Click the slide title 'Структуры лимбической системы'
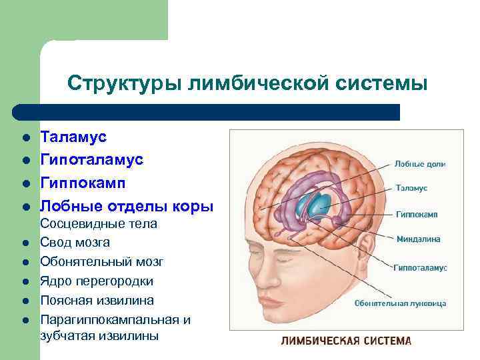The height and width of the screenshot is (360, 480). tap(247, 83)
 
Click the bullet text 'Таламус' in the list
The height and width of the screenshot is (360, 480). tap(73, 137)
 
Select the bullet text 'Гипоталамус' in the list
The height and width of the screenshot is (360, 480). tap(91, 160)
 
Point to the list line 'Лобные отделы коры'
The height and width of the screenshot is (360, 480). tap(127, 206)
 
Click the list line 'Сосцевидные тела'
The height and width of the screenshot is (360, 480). tap(99, 224)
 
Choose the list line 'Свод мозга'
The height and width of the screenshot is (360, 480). tap(75, 242)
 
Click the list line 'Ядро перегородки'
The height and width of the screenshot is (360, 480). tap(97, 281)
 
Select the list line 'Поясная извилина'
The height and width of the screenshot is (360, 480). tap(97, 300)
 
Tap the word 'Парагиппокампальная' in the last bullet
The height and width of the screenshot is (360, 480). tap(115, 319)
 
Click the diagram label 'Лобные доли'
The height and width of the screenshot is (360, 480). tap(420, 163)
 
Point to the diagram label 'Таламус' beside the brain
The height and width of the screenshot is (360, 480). tap(411, 189)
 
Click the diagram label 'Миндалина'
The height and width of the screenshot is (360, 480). tap(418, 239)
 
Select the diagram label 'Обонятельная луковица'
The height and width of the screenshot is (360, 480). tap(400, 303)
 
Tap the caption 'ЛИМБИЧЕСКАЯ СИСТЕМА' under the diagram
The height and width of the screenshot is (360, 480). tap(346, 341)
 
